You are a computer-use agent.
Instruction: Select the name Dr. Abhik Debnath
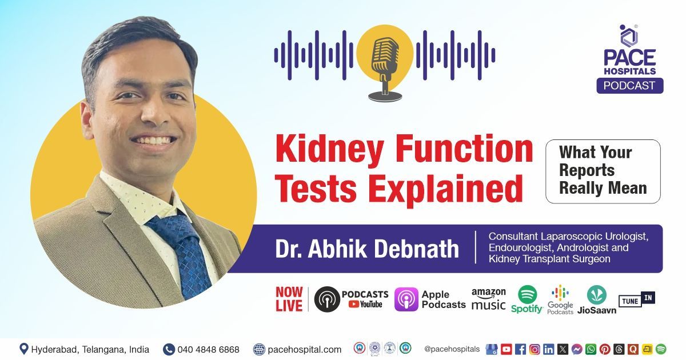pos(367,249)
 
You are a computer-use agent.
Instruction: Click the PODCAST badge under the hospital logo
pos(629,86)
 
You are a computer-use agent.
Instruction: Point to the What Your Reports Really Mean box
pos(603,170)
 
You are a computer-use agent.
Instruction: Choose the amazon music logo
pos(488,299)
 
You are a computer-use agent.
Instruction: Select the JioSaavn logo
pos(596,299)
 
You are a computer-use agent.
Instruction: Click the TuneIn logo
pos(636,299)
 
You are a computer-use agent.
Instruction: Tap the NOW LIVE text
pos(289,299)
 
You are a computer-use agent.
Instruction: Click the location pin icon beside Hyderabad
pos(24,349)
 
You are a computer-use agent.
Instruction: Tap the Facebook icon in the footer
pos(520,349)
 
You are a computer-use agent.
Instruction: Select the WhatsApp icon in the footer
pos(591,349)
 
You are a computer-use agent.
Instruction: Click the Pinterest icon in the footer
pos(605,349)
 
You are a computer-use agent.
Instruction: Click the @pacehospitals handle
pos(452,349)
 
